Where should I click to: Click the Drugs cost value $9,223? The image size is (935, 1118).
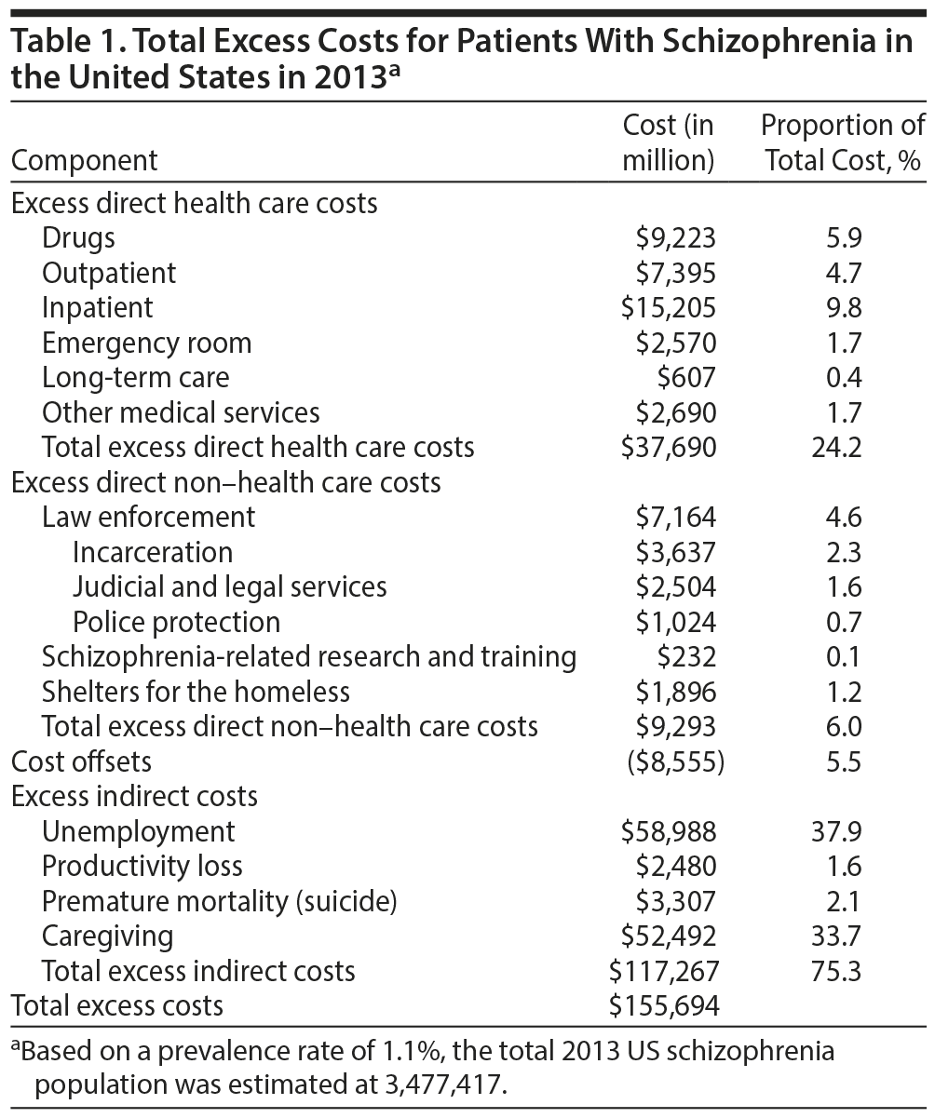coord(676,238)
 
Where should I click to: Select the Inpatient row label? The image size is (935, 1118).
coord(98,307)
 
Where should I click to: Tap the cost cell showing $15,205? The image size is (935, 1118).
coord(670,307)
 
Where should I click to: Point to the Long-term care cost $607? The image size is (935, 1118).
coord(687,377)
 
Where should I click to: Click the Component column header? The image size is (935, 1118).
coord(85,160)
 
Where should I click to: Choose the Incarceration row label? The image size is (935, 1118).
coord(153,552)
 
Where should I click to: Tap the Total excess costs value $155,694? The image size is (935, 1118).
coord(663,1005)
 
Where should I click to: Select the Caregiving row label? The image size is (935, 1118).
coord(108,936)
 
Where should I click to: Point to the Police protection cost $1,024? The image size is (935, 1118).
coord(676,622)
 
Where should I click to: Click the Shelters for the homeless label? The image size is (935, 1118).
coord(196,692)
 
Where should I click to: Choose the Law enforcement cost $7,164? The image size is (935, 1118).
coord(676,517)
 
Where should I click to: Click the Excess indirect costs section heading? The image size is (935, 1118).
coord(134,797)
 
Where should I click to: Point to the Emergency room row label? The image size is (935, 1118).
coord(147,343)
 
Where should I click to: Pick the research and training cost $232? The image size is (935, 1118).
coord(687,656)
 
